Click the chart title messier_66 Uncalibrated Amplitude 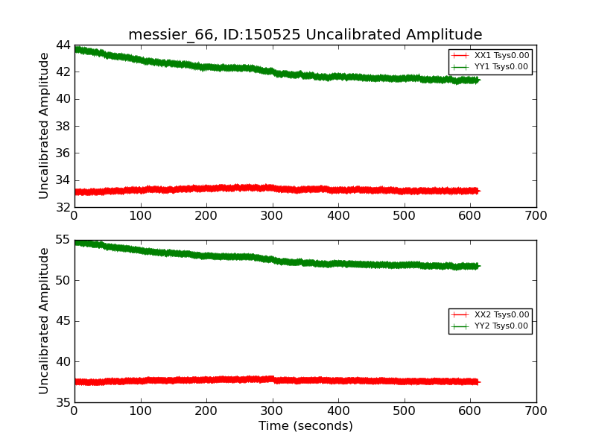click(305, 35)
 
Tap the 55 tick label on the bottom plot click(61, 241)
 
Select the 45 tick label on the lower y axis click(61, 321)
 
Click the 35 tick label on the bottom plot click(61, 402)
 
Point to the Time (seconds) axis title click(305, 426)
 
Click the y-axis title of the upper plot click(44, 126)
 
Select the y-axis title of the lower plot click(44, 321)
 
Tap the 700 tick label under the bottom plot click(536, 411)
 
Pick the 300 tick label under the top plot click(273, 216)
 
